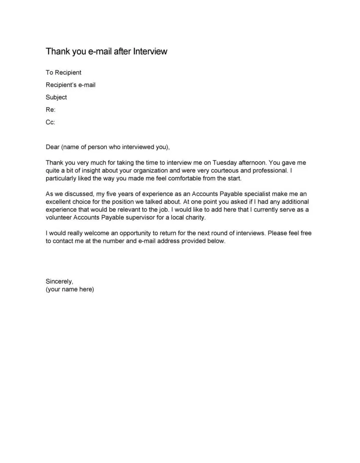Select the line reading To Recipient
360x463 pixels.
coord(64,72)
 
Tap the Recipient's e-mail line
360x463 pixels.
coord(71,85)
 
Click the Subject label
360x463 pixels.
coord(56,97)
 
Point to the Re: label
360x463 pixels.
coord(50,110)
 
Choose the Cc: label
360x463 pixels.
coord(50,122)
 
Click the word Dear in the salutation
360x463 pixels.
coord(53,147)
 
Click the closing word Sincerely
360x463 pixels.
coord(60,281)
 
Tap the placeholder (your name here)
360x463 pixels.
coord(70,289)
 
